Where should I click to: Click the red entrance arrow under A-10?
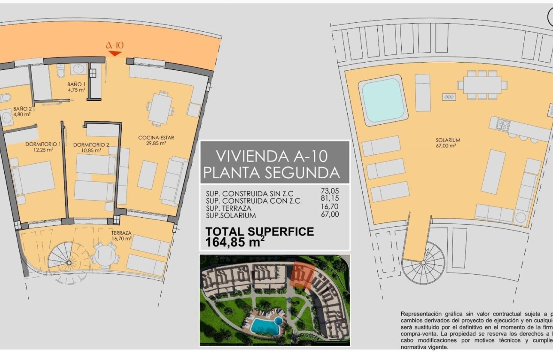(x=115, y=54)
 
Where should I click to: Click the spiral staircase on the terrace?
(x=63, y=259)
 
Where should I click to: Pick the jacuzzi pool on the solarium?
(x=383, y=99)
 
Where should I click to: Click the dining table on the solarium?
(x=482, y=85)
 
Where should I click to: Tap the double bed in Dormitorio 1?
(x=33, y=178)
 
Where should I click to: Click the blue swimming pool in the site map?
(x=264, y=327)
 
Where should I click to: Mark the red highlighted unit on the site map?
(x=304, y=274)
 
